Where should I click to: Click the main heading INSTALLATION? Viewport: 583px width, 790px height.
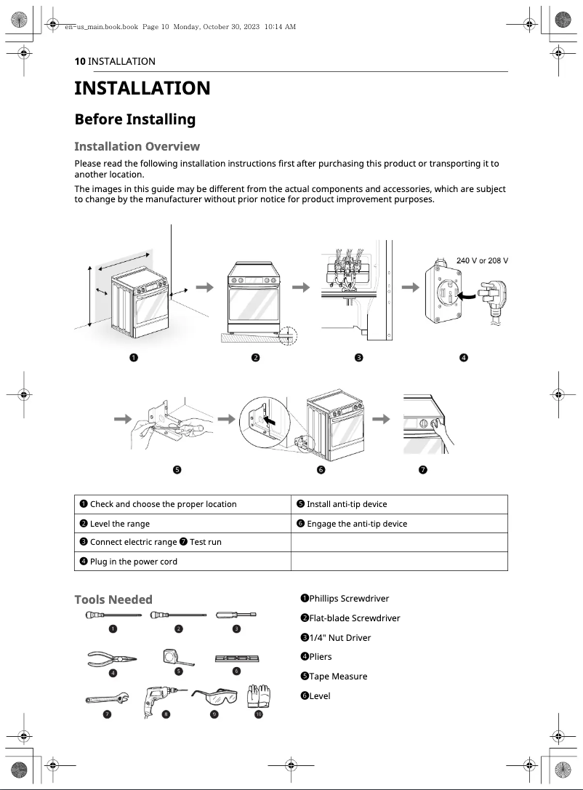[142, 89]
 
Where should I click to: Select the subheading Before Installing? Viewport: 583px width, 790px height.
[134, 119]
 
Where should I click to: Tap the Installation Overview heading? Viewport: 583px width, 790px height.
[137, 146]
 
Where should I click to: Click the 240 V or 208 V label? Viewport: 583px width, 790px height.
[481, 260]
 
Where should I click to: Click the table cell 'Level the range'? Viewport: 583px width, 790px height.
[182, 524]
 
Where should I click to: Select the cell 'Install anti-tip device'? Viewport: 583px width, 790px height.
[398, 504]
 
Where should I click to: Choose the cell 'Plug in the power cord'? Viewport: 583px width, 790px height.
[182, 562]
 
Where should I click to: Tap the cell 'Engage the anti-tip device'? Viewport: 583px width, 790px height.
[398, 524]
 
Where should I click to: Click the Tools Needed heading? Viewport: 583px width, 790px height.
[113, 599]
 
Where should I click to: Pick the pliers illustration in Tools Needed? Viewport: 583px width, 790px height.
[113, 659]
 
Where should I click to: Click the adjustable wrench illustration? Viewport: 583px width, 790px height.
[107, 699]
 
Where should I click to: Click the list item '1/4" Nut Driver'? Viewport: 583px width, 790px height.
[335, 638]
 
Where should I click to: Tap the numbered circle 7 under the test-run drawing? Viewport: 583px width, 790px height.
[422, 470]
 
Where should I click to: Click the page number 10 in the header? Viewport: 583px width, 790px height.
[79, 62]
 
